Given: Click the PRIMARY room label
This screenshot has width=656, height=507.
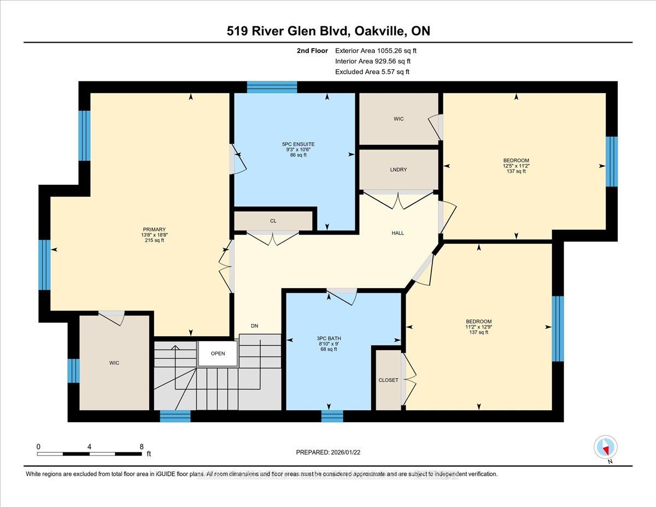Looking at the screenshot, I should [154, 230].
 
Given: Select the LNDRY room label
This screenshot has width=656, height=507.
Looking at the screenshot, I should [399, 170].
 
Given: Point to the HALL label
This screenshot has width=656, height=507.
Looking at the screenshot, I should [397, 233].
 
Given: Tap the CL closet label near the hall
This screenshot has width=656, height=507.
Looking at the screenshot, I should [273, 222].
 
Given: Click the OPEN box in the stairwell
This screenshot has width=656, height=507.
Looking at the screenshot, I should [218, 353].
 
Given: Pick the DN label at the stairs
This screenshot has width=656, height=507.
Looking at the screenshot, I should [254, 326].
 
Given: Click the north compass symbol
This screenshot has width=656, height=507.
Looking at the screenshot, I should [605, 447].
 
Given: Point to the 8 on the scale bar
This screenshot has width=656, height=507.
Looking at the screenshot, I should [141, 446].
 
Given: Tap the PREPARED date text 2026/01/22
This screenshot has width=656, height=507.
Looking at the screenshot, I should [353, 452].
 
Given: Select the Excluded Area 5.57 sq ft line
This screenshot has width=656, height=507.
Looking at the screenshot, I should [372, 72].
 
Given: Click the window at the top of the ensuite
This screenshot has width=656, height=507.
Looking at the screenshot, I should [272, 87].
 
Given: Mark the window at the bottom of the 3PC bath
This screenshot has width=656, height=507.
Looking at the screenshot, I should [332, 416].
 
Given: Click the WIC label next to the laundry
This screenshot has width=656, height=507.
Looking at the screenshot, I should [399, 119].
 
